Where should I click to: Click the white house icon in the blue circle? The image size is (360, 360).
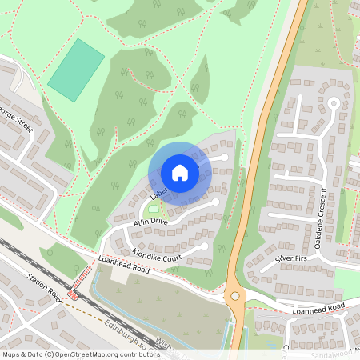[x=180, y=172]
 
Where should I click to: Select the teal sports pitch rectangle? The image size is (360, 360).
[x=76, y=70]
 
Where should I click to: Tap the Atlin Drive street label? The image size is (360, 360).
[x=150, y=221]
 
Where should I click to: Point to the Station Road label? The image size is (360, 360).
[x=44, y=286]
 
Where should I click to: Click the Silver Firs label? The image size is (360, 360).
[x=290, y=259]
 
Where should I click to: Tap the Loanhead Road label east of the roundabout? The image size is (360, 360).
[x=318, y=307]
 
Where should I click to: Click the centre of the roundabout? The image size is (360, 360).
[x=234, y=295]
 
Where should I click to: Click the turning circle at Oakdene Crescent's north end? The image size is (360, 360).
[x=334, y=102]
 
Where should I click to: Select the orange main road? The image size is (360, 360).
[x=265, y=144]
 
